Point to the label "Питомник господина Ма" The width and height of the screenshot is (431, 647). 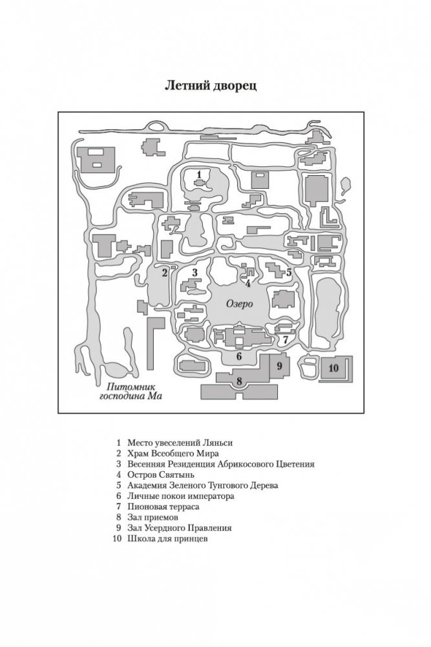126,392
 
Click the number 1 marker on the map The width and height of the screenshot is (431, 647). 199,175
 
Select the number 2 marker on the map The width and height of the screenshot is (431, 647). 165,273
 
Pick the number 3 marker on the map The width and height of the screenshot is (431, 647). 194,273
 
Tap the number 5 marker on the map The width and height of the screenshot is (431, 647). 289,273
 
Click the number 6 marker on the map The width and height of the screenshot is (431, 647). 238,355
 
